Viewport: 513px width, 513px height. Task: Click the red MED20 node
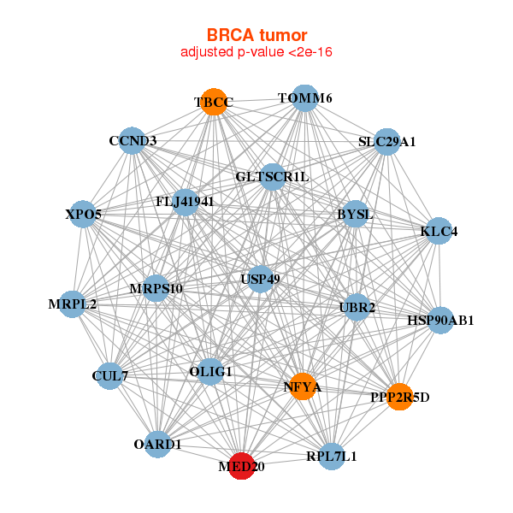[242, 467]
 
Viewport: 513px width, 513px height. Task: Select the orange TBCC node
[213, 103]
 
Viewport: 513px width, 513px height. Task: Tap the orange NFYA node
[302, 386]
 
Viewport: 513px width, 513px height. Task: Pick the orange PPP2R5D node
[399, 397]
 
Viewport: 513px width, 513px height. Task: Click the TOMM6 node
[305, 98]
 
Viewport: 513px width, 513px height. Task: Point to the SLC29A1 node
[386, 141]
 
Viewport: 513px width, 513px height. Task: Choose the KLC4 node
[439, 231]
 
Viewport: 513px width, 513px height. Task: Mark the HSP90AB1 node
[440, 321]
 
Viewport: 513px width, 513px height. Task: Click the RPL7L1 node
[331, 456]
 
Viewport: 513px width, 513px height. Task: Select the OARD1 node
[157, 444]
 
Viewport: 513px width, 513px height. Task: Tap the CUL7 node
[109, 375]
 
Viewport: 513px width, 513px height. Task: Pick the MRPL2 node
[73, 304]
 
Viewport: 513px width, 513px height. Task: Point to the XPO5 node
[84, 214]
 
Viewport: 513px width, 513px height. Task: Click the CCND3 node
[133, 140]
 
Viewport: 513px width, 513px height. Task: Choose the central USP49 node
[261, 279]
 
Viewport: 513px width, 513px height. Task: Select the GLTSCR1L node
[272, 177]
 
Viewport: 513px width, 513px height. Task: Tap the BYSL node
[355, 214]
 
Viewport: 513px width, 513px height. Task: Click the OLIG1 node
[210, 371]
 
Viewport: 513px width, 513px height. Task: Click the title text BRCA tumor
[256, 36]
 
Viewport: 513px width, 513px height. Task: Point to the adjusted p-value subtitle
[256, 52]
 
